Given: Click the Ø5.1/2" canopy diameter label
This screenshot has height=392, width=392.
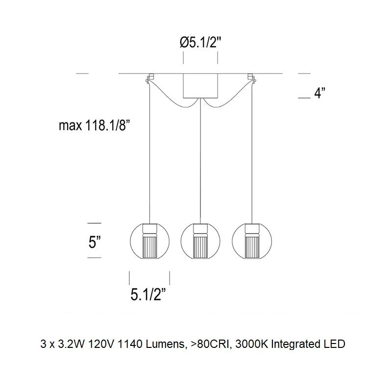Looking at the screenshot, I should pyautogui.click(x=200, y=43).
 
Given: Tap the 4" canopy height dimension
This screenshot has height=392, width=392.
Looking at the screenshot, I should pyautogui.click(x=320, y=93).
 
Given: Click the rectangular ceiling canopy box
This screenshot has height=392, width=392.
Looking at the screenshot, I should pyautogui.click(x=200, y=86).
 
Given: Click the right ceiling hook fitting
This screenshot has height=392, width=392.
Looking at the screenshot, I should pyautogui.click(x=251, y=78).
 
